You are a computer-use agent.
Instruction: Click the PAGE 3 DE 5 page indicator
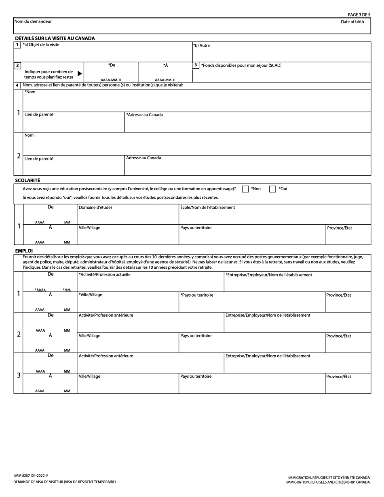pos(359,15)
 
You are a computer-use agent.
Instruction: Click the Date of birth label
pos(352,22)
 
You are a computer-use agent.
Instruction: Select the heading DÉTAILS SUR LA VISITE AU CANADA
pos(55,38)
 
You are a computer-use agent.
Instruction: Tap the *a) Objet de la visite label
pos(41,45)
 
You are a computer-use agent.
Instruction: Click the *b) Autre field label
pos(201,46)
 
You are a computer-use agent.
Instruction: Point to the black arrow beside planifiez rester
pos(80,74)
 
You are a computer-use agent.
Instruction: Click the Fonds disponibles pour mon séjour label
pos(241,65)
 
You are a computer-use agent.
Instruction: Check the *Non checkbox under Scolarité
pos(245,189)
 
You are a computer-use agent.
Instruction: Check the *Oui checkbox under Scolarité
pos(272,189)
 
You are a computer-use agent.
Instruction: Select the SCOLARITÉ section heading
pos(27,181)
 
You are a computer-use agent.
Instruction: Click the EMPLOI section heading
pos(24,251)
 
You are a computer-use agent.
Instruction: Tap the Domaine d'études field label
pos(95,208)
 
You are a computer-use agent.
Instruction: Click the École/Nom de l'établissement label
pos(207,208)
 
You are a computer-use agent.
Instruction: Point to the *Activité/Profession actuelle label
pos(104,275)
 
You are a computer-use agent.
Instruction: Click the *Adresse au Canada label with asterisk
pos(144,115)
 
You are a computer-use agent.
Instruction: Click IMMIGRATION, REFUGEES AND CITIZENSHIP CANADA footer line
pos(328,482)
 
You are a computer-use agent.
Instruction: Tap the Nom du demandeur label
pos(33,21)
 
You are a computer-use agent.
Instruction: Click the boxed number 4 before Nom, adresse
pos(17,85)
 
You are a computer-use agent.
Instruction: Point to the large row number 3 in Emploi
pos(19,375)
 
